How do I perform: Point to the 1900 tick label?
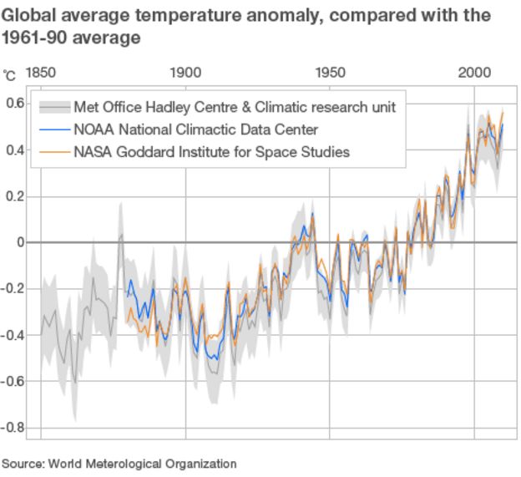click(185, 74)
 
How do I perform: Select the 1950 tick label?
click(330, 74)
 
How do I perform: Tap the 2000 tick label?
click(474, 74)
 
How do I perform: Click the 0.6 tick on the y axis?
click(15, 104)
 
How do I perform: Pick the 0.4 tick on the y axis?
click(15, 150)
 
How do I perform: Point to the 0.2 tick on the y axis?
click(15, 196)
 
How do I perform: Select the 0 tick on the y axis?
click(20, 242)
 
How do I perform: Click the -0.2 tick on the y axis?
click(13, 289)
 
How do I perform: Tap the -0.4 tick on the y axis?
click(13, 335)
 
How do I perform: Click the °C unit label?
click(9, 75)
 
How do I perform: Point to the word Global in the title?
click(28, 16)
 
